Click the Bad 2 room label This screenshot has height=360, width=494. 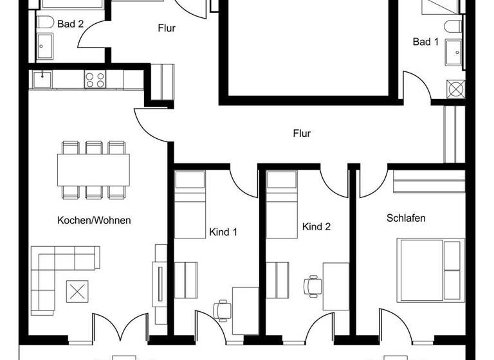70,24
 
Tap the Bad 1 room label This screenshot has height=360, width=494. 425,42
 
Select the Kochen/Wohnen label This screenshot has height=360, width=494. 94,220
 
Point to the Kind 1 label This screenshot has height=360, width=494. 223,231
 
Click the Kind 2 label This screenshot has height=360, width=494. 316,227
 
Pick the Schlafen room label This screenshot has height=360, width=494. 406,218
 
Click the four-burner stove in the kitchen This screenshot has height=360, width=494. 95,80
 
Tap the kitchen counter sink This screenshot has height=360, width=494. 43,79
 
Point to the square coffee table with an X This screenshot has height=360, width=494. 77,291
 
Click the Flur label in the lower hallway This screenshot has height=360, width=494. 302,134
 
